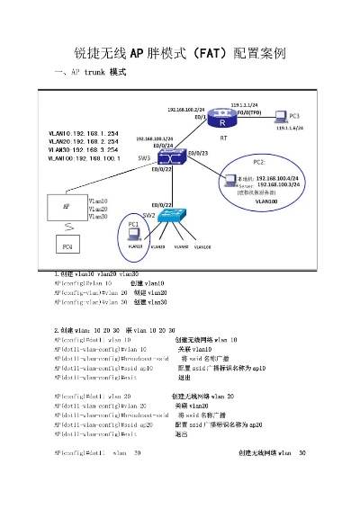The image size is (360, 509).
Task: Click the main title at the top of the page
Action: (180, 53)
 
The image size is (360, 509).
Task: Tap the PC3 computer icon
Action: (281, 116)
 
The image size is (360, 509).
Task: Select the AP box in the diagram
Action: (66, 206)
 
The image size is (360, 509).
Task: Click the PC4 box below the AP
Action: (66, 246)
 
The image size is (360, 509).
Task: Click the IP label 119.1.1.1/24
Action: (245, 105)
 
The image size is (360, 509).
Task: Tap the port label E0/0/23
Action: (199, 154)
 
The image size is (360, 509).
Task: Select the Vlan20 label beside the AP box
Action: (98, 209)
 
